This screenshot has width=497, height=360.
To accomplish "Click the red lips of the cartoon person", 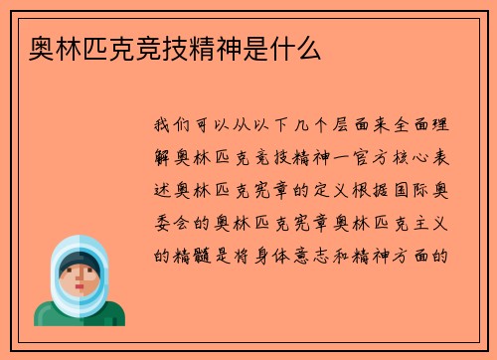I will (x=79, y=289).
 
